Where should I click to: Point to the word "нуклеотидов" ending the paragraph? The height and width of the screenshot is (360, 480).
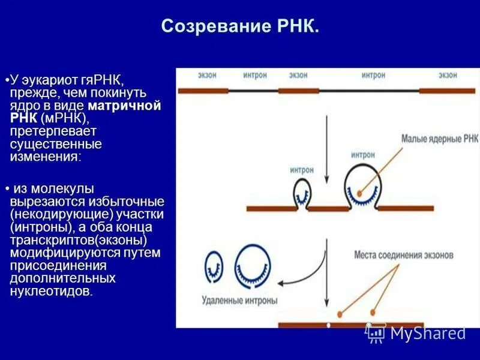coord(52,292)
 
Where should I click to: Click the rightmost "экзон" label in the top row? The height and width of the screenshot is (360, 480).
coord(448,76)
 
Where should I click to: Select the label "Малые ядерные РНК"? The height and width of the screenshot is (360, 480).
coord(440,139)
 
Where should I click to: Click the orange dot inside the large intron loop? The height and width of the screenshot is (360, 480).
coord(359,193)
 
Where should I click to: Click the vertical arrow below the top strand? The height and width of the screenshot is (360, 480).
coord(326,150)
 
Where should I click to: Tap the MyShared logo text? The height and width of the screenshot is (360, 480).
coord(427,333)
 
